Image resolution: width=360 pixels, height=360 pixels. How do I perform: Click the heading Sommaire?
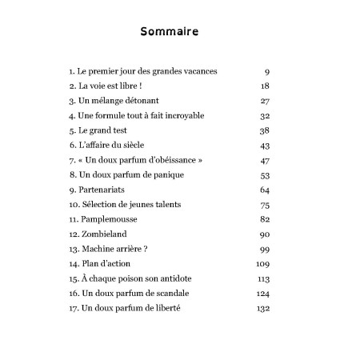click(x=169, y=32)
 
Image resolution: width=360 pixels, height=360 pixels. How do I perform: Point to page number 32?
click(x=265, y=115)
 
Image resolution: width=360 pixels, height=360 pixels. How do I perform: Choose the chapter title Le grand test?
click(x=105, y=130)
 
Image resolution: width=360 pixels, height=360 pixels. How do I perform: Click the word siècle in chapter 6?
click(x=145, y=145)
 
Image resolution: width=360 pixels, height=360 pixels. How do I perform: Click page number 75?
click(x=265, y=205)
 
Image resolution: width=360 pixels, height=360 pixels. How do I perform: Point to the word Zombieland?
click(x=108, y=234)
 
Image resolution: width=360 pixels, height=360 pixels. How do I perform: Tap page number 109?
click(x=262, y=264)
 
